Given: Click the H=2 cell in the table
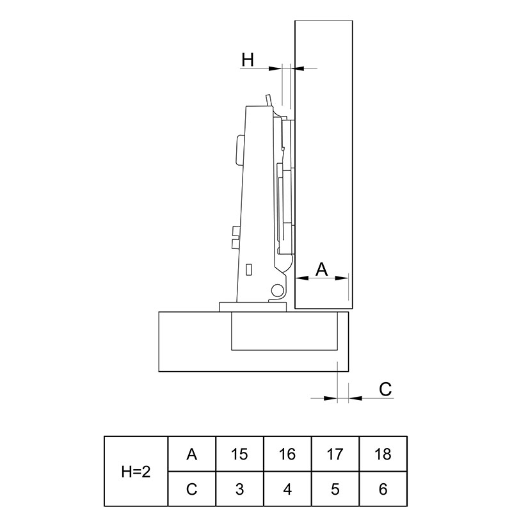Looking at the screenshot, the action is pos(136,472).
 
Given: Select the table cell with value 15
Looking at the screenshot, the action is pos(239,454).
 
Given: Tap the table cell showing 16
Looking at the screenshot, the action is pos(287,454).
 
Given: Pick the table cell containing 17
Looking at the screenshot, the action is pos(335,454).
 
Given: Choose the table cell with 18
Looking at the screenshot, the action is pos(383,454).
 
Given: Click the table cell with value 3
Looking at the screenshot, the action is pos(239,489).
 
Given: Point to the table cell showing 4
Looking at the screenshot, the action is pos(287,489).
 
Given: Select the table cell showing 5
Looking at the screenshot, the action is pos(335,489).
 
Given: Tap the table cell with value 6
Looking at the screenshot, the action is pos(383,489).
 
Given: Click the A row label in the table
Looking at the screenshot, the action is pos(191,454).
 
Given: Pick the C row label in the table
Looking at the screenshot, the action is pos(191,489).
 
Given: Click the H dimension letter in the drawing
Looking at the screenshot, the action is pos(248,60).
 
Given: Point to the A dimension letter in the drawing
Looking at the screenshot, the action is pos(322,269).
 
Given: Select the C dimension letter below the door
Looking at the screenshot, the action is pos(385,389).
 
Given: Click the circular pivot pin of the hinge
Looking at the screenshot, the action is pos(277,290).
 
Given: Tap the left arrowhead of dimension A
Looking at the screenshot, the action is pos(301,278).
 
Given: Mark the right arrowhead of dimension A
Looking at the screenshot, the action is pos(342,278).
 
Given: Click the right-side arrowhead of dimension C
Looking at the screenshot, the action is pos(355,398).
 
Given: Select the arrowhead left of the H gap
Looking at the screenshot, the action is pos(275,68).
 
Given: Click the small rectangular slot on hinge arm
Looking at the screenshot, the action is pos(248,269).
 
